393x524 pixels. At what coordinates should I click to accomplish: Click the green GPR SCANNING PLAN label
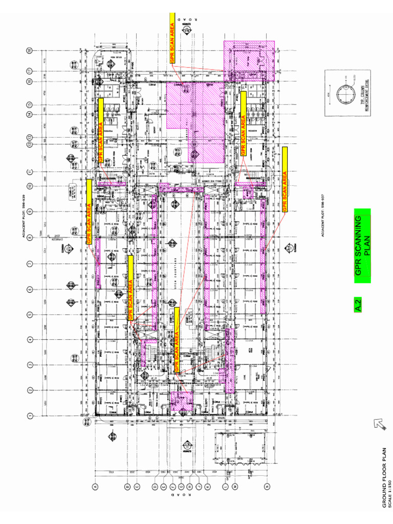coord(362,246)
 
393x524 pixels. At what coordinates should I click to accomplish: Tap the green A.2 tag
coord(358,305)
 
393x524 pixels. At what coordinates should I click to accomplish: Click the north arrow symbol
coord(379,424)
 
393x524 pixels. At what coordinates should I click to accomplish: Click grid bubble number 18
coord(29,50)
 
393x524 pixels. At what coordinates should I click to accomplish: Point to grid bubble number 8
coord(29,237)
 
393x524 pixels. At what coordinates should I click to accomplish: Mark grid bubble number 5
coord(29,314)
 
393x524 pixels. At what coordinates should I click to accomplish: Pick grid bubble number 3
coord(29,364)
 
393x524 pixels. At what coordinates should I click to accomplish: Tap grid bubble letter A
coord(95,487)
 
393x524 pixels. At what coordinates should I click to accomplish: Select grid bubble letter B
coord(128,487)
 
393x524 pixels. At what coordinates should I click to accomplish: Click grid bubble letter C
coord(137,487)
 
